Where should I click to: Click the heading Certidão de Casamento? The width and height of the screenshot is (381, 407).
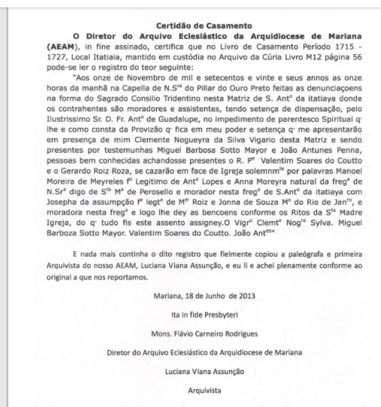click(x=190, y=26)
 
